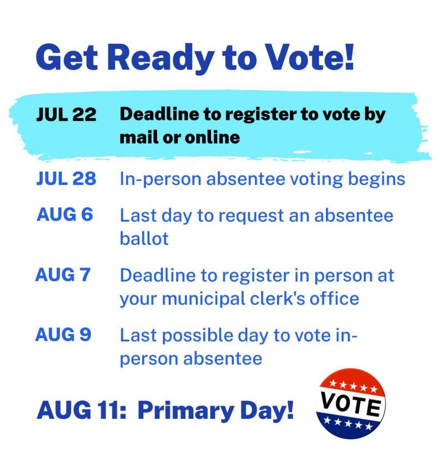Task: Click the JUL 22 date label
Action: coord(66,115)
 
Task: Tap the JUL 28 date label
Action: coord(66,178)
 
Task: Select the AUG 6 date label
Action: coord(65,214)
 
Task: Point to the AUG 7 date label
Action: coord(63,275)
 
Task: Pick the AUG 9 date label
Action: coord(63,335)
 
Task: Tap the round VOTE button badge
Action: coord(351,403)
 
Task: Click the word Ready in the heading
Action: coord(161,58)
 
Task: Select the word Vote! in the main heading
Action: coord(309,57)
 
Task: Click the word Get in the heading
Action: coord(67,57)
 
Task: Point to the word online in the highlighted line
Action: coord(212,137)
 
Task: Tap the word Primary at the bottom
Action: coord(186,411)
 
